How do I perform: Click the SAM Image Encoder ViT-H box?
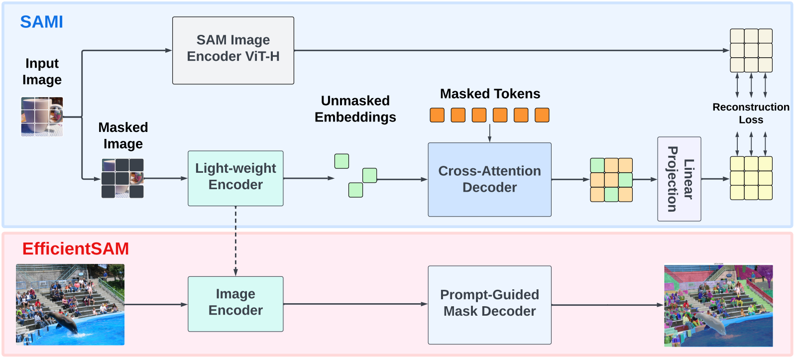pos(233,50)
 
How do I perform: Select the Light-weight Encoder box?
pos(235,178)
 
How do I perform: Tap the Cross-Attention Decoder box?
pos(489,180)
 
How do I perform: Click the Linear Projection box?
pos(679,179)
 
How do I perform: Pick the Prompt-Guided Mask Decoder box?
pos(489,305)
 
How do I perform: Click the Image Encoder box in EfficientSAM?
pos(235,304)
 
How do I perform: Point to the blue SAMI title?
pos(41,22)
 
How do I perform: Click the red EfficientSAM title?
pos(76,248)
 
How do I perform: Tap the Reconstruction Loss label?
pos(751,114)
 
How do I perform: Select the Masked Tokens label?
pos(490,94)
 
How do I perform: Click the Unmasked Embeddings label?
pos(355,109)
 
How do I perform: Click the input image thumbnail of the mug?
pos(42,117)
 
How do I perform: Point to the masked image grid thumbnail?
pos(122,178)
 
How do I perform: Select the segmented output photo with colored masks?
pos(718,305)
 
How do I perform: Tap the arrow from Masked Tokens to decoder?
pos(489,132)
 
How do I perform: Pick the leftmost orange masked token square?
pos(437,115)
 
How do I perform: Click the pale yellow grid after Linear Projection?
pos(751,178)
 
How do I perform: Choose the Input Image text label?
pos(42,71)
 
